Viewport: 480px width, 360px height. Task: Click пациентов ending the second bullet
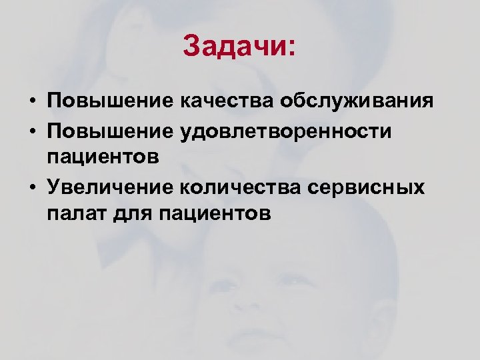(103, 158)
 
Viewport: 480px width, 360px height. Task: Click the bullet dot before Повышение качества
(32, 103)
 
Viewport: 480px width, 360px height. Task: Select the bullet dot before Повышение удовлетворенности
(32, 132)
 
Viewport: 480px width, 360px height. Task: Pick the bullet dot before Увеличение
(32, 188)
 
